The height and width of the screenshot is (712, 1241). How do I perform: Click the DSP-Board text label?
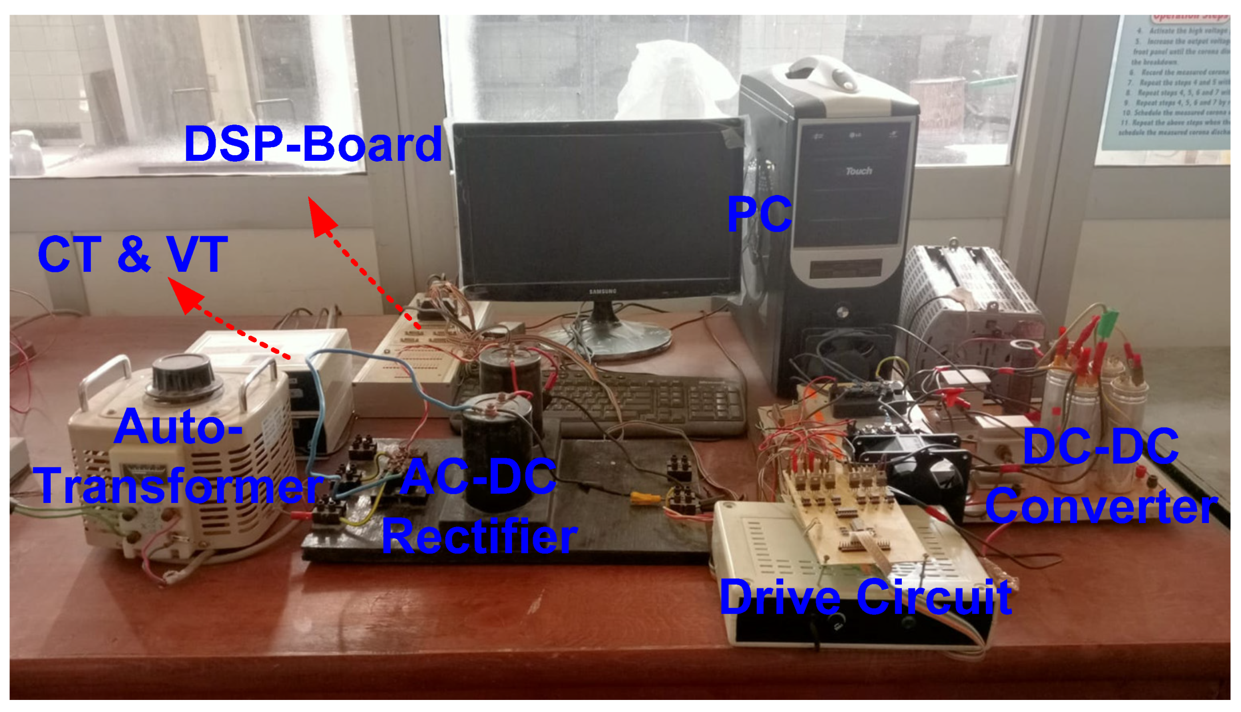point(313,145)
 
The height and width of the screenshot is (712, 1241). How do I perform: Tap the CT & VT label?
point(133,254)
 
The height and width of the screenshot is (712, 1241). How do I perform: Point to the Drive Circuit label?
point(865,597)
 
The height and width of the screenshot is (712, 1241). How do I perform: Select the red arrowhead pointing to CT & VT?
point(185,295)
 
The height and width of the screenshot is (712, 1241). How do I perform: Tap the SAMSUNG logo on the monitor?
point(602,291)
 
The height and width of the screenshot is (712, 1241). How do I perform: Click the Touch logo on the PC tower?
point(859,171)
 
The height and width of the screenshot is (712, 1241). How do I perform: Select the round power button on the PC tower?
point(843,313)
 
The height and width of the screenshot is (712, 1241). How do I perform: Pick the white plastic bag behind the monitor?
point(673,80)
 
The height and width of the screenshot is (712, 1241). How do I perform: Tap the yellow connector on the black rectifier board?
point(645,498)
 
